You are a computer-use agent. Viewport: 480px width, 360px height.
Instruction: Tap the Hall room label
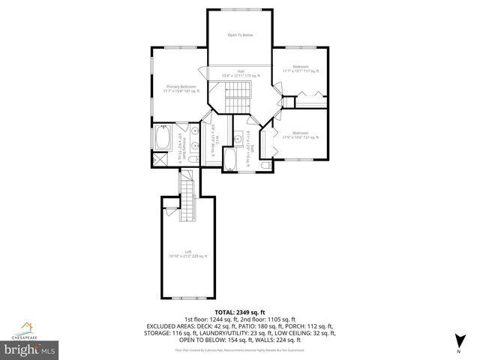tap(239, 73)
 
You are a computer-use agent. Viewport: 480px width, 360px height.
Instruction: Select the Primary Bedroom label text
tap(181, 88)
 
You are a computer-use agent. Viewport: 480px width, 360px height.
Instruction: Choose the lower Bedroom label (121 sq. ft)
tap(300, 136)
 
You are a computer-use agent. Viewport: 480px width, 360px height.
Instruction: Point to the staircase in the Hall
tap(238, 94)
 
